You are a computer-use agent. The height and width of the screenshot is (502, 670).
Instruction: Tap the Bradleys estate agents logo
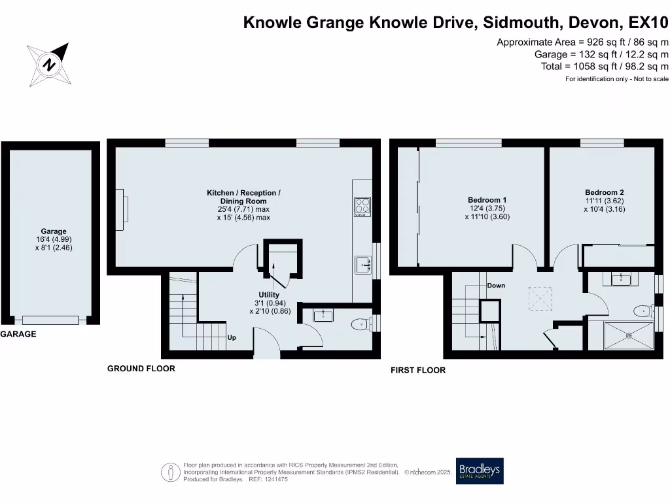[x=480, y=471]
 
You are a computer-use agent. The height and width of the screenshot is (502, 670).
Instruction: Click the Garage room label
[x=54, y=231]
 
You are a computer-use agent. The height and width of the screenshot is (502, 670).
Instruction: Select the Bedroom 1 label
[x=487, y=200]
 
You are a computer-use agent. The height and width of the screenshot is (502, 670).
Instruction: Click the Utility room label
[x=269, y=295]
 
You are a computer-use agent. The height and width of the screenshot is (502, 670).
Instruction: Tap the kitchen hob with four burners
[x=362, y=207]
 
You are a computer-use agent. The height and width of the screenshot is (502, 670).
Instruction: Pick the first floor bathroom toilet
[x=643, y=310]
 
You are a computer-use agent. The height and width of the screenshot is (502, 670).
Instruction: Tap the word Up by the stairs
[x=232, y=338]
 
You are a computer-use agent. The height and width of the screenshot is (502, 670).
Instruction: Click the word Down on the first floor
[x=496, y=286]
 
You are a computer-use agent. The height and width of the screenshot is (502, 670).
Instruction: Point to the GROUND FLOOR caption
[x=141, y=369]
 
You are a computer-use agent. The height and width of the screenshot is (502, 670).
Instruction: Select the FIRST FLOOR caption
[x=418, y=370]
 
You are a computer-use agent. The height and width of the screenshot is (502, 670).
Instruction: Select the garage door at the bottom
[x=50, y=320]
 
